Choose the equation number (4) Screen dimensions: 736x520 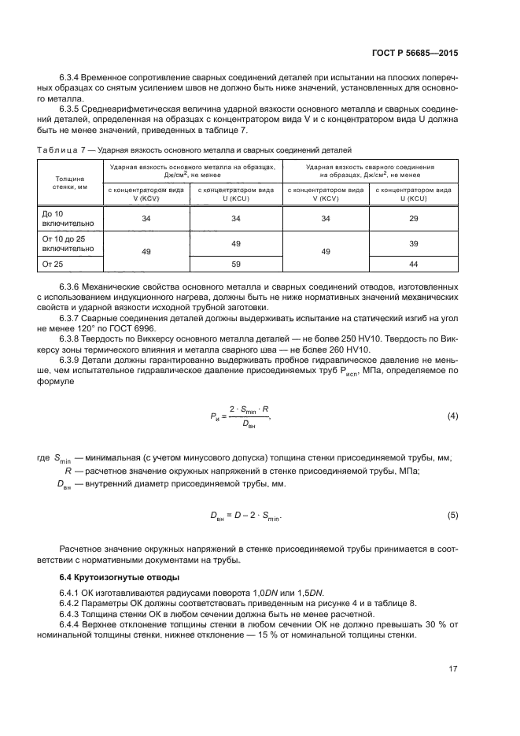452,415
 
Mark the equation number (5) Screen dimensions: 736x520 452,515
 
